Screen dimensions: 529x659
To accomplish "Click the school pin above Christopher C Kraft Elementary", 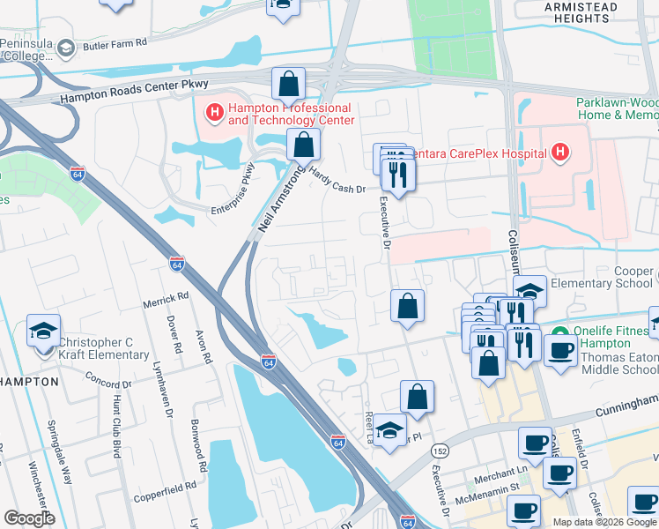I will (43, 332).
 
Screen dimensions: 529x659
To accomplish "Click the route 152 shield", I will (438, 450).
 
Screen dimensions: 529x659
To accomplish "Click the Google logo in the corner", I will (29, 518).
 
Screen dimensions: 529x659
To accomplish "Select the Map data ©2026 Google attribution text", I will (603, 522).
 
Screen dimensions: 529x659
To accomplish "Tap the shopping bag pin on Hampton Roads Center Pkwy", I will (288, 85).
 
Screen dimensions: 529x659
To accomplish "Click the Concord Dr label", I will (107, 379).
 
